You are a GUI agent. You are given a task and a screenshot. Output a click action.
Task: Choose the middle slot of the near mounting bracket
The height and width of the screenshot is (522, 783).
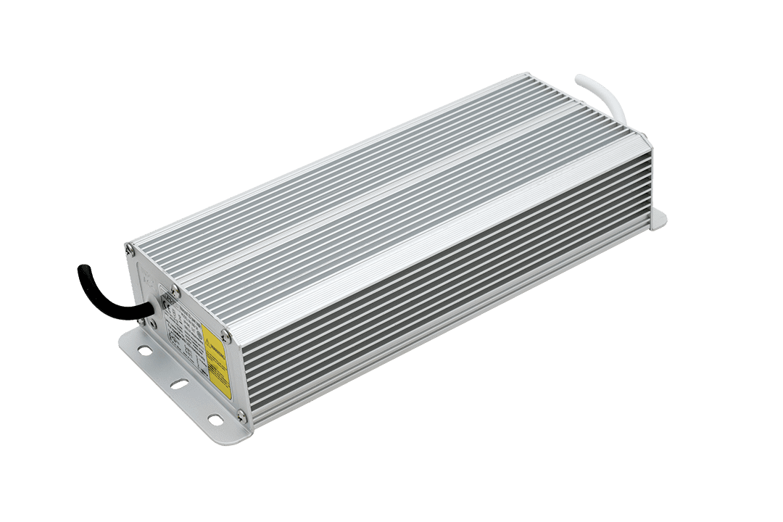pyautogui.click(x=178, y=384)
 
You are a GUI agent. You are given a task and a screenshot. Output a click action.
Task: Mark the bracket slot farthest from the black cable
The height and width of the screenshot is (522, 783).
pyautogui.click(x=215, y=418)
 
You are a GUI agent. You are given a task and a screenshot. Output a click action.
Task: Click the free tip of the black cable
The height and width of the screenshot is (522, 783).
pyautogui.click(x=80, y=270)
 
